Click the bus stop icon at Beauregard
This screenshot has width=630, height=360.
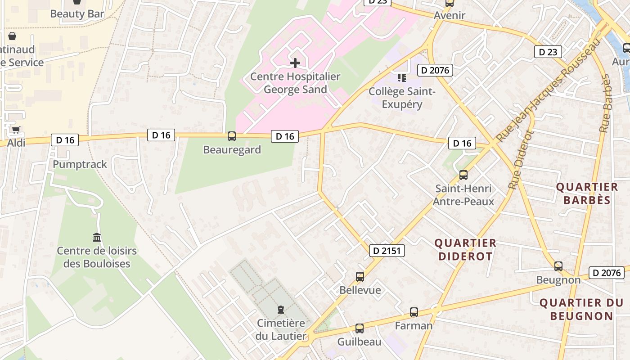point(232,136)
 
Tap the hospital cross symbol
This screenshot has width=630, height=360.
point(295,63)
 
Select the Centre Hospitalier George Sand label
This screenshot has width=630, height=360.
point(295,83)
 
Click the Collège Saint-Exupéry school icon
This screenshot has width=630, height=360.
point(402,78)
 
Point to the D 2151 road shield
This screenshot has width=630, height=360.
point(387,251)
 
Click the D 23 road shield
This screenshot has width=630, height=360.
point(548,52)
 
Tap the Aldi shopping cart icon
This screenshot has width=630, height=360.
point(16,130)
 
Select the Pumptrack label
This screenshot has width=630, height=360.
point(80,164)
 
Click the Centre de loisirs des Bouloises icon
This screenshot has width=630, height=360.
point(97,237)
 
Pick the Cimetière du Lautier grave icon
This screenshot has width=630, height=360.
point(281,310)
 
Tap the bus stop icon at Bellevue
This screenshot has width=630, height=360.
point(360,276)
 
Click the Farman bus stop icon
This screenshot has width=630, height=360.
point(414,312)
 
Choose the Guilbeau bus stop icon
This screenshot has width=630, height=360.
point(359,328)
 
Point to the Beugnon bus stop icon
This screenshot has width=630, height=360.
point(558,266)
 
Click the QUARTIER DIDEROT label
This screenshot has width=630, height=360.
point(465,249)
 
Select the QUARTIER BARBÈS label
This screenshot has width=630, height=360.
point(587,193)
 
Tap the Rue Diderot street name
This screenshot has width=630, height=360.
point(521,160)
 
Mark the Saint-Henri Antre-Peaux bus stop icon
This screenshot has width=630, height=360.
point(463,175)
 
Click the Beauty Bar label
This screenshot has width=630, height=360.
point(77,13)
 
